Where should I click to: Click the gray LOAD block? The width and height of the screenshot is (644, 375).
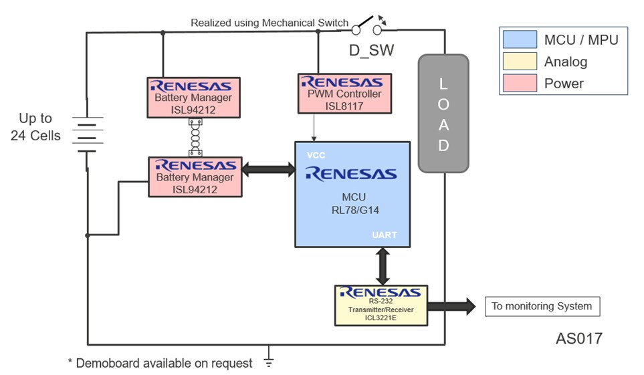(443, 114)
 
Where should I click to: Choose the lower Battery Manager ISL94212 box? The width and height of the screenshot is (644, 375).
(194, 176)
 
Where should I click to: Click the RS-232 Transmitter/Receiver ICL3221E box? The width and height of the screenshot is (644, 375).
(381, 305)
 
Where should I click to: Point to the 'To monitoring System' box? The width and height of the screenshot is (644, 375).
(542, 307)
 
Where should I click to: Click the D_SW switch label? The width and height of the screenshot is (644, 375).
(371, 50)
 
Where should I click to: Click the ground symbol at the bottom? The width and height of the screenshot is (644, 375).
(269, 362)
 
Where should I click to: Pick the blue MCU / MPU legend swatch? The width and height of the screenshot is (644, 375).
(520, 39)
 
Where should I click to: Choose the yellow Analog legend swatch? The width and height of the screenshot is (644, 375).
(520, 61)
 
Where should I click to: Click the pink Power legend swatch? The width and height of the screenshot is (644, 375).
(520, 84)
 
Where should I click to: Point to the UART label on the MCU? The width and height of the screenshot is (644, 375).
(385, 235)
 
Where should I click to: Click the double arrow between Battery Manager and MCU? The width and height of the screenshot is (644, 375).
(268, 170)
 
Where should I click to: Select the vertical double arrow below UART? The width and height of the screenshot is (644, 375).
(383, 266)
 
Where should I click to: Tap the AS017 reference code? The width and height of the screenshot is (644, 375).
(578, 339)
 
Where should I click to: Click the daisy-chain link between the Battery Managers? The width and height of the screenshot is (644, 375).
(196, 138)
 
